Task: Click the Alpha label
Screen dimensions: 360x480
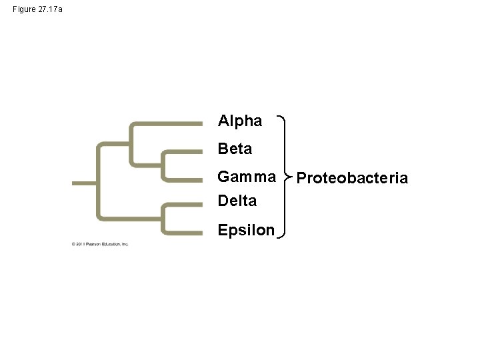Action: point(240,121)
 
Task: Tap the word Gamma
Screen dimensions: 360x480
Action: point(247,177)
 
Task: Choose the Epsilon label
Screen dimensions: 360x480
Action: point(246,230)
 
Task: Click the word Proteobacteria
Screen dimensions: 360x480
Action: point(351,178)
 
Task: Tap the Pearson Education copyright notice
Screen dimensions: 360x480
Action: point(100,244)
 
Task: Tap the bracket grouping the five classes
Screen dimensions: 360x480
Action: point(286,177)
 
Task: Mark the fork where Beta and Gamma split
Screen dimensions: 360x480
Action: point(163,164)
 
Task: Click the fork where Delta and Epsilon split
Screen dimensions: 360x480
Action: point(163,219)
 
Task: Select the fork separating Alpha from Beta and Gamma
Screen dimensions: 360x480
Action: point(131,143)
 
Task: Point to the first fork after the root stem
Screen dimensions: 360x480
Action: point(99,181)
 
